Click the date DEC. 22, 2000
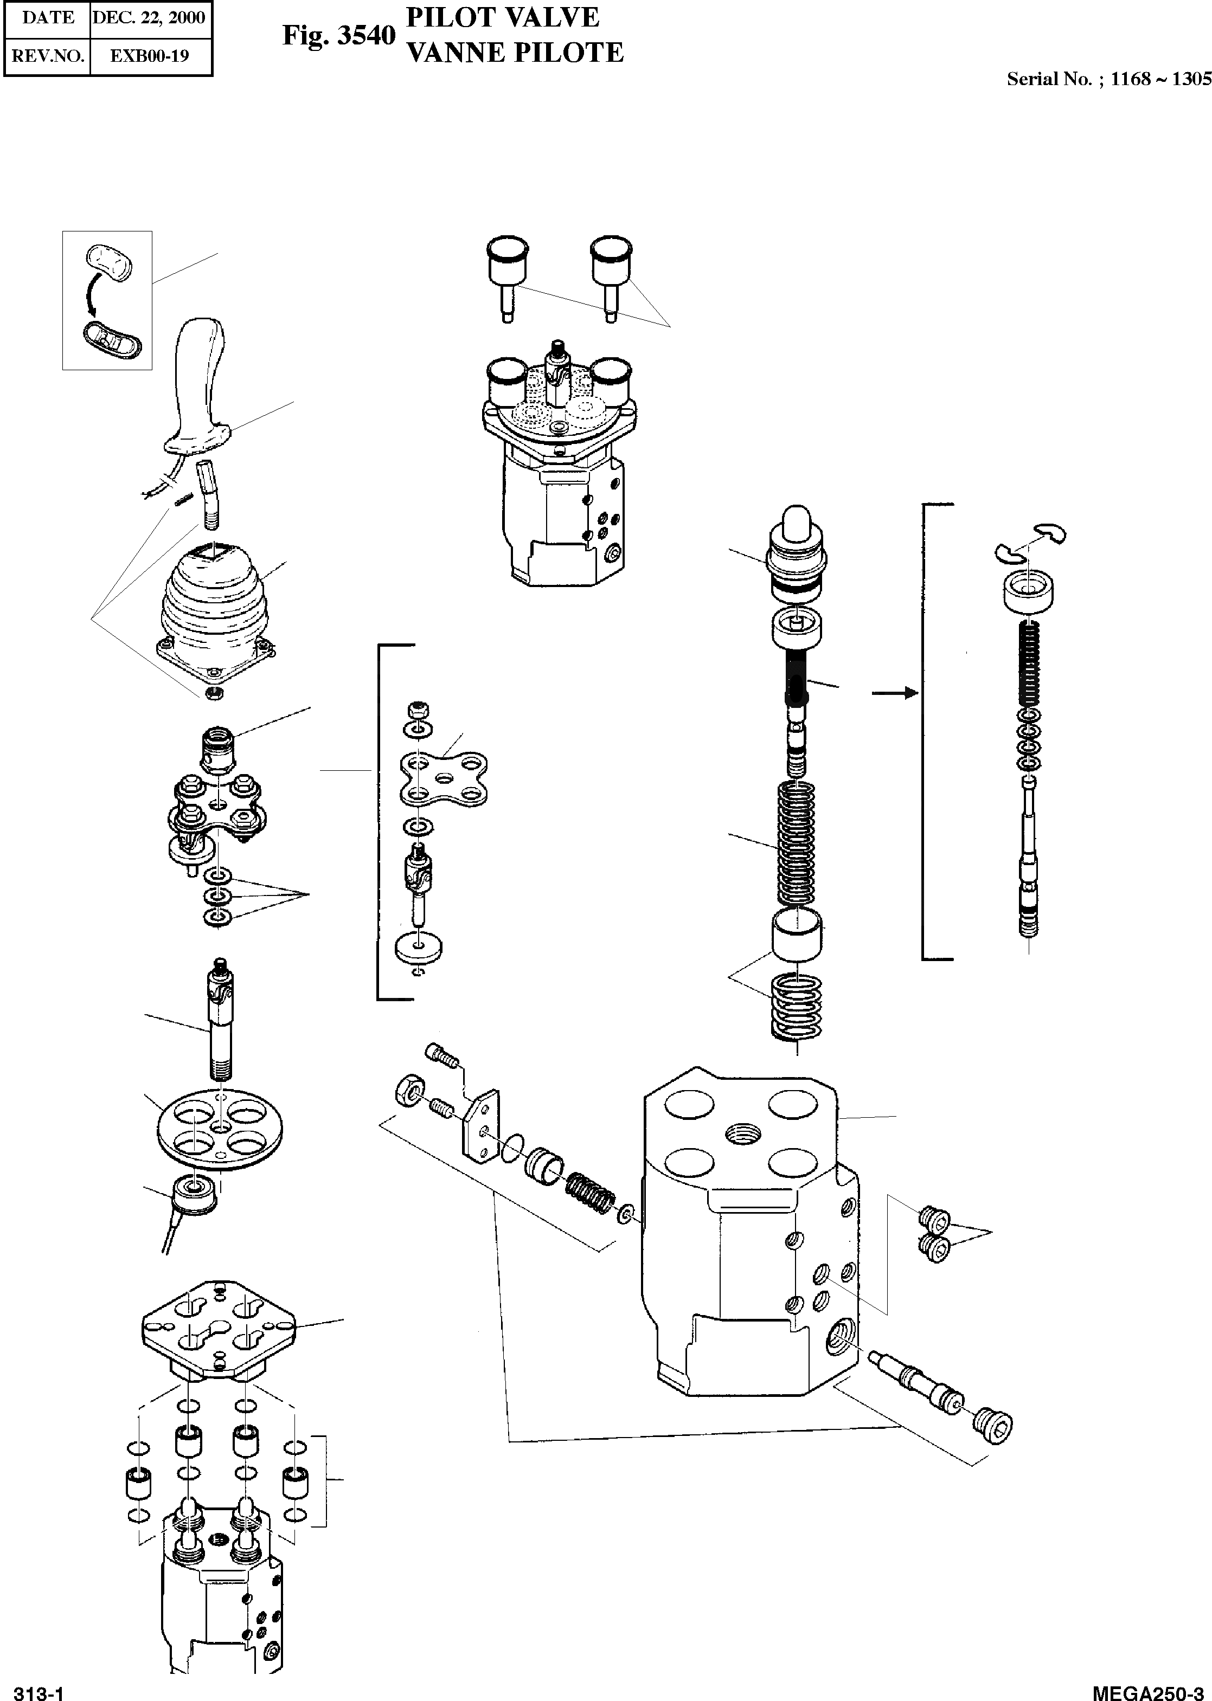[149, 18]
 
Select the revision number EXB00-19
[149, 55]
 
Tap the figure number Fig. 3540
[338, 35]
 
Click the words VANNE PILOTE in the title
[514, 53]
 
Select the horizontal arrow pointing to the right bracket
[894, 693]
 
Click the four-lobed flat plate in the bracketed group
[443, 779]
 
